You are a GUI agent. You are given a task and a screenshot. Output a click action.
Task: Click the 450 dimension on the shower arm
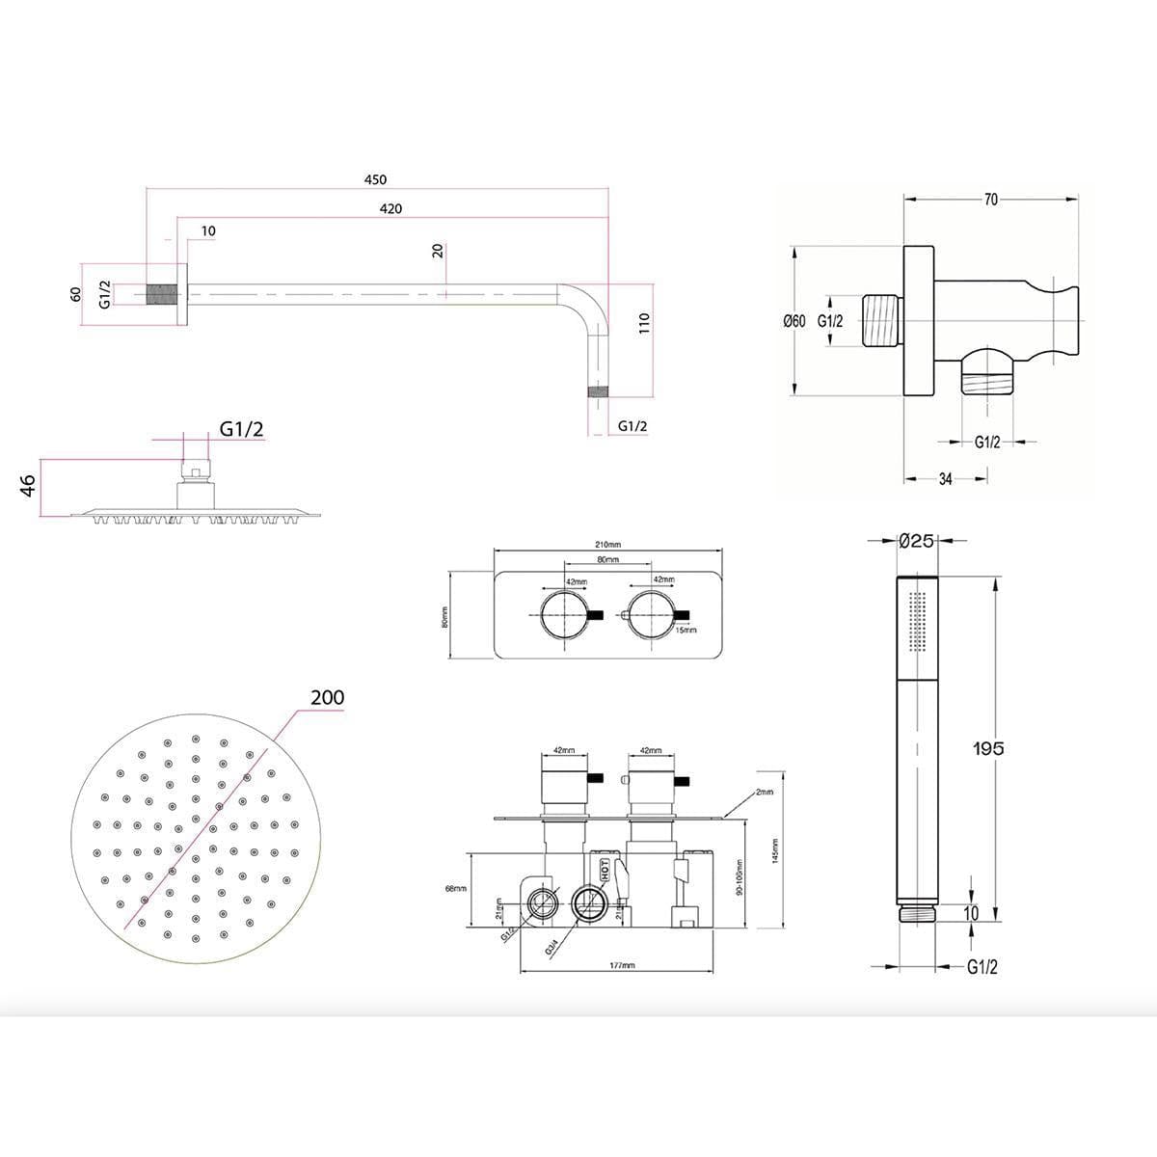click(x=375, y=179)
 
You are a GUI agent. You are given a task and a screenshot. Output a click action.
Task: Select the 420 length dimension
click(x=390, y=208)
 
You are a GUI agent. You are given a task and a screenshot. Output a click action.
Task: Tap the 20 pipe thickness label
click(x=438, y=251)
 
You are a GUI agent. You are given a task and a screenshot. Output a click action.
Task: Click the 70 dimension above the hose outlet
click(x=990, y=200)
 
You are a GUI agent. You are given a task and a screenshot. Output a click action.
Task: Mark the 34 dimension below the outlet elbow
click(x=945, y=478)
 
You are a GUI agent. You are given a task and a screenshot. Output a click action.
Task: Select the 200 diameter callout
click(x=327, y=697)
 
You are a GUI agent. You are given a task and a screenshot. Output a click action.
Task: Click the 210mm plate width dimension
click(x=608, y=545)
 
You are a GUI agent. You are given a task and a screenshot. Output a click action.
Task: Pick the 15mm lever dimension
click(x=686, y=630)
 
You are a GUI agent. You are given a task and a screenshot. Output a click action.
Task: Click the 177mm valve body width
click(x=623, y=965)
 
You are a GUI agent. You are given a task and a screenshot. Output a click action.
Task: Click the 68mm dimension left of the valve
click(x=456, y=888)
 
